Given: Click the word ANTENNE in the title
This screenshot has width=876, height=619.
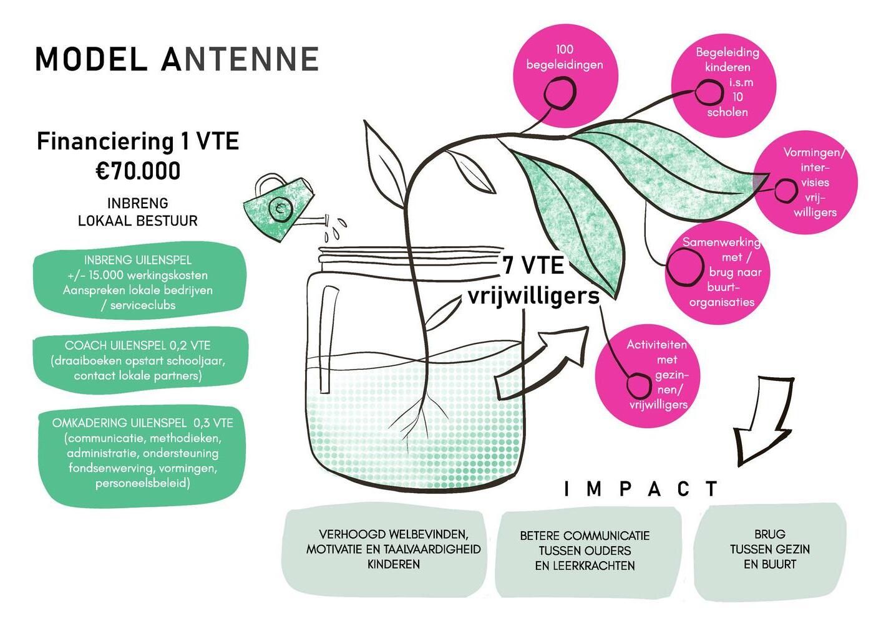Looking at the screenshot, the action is pos(240,60).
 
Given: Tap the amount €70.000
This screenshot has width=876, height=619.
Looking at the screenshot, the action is pos(138,171).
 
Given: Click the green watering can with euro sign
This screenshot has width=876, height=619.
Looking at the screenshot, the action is pos(281,208).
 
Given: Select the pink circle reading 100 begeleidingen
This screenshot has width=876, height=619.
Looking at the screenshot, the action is pos(565,74).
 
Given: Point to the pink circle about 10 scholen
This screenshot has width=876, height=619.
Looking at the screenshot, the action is pos(723,84).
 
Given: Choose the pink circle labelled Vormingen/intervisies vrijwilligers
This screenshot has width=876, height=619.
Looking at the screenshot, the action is pos(806,182).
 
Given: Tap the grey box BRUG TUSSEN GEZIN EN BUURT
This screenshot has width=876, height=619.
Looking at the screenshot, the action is pos(769,549).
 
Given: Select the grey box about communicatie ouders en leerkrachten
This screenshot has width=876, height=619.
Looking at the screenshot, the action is pos(585,551).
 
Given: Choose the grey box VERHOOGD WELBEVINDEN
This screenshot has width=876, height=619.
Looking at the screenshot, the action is pos(393,549).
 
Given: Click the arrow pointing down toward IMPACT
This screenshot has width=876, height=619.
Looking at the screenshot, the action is pos(761,421).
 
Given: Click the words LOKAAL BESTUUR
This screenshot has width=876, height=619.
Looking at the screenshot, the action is pos(137,221).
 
